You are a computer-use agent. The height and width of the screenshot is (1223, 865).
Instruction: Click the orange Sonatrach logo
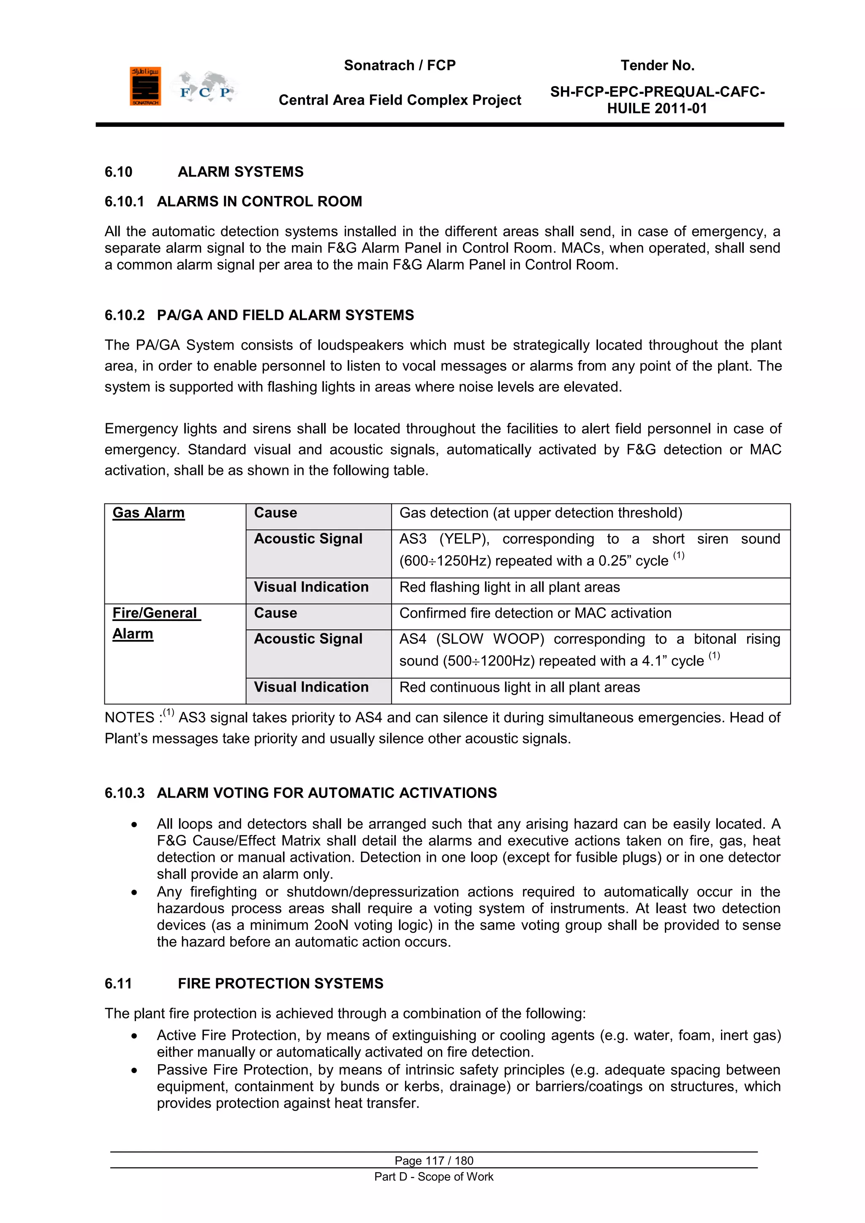(145, 86)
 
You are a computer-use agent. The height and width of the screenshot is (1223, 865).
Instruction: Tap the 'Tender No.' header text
(657, 65)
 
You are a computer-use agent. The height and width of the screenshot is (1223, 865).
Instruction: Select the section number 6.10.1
(124, 202)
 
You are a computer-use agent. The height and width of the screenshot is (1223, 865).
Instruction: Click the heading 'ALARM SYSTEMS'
(240, 172)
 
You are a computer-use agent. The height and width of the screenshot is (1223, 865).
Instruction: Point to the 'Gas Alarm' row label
(149, 512)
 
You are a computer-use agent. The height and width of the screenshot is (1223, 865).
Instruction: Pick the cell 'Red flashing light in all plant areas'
(509, 587)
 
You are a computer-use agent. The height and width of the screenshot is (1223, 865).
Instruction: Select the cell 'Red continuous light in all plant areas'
(520, 687)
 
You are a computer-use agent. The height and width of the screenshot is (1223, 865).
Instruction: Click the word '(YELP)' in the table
(464, 539)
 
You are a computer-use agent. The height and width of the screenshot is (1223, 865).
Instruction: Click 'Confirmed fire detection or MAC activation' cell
(535, 613)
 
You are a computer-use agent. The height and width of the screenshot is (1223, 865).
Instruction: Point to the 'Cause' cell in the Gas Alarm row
(275, 512)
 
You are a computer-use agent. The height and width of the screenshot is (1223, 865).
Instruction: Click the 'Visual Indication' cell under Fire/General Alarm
(311, 687)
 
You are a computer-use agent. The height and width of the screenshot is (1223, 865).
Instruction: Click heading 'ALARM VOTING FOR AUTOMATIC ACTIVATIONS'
(326, 793)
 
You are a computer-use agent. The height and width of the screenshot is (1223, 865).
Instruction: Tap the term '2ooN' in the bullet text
(331, 925)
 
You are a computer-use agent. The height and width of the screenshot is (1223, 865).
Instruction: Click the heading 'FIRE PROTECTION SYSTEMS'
(280, 983)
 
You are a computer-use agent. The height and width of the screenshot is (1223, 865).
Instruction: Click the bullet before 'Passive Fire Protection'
(134, 1070)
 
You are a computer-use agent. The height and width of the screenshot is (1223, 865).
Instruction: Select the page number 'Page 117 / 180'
(434, 1160)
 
